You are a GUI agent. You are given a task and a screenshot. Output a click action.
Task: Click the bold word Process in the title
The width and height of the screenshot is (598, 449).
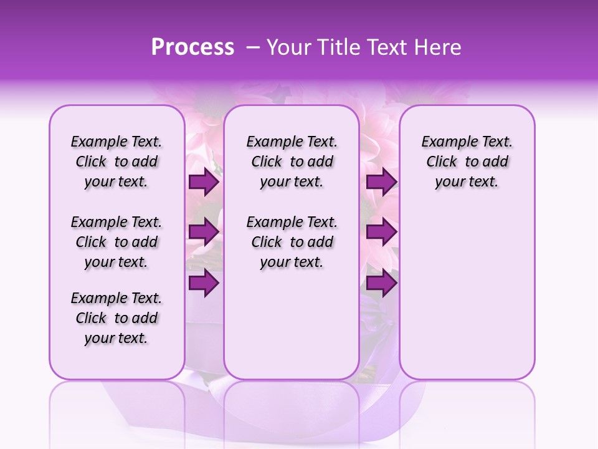click(x=192, y=47)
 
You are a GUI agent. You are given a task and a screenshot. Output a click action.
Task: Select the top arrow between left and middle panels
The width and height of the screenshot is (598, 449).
click(x=203, y=182)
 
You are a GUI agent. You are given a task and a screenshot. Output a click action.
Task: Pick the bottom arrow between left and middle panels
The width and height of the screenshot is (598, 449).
click(x=203, y=282)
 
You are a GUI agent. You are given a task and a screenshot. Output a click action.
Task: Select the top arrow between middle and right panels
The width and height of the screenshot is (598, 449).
click(x=381, y=182)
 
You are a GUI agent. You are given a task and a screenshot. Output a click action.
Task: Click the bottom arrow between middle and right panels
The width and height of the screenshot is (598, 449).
click(x=381, y=282)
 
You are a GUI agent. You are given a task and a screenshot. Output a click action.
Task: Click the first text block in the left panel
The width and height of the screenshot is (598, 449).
click(x=116, y=162)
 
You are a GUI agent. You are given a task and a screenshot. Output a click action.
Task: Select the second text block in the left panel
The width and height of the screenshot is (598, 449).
click(x=116, y=242)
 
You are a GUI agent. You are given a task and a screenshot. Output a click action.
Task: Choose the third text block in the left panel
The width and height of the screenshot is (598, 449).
click(x=116, y=318)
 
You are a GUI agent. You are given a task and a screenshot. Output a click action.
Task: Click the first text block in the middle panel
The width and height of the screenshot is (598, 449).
click(x=292, y=162)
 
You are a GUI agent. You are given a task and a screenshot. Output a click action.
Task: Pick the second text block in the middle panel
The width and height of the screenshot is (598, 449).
click(x=292, y=242)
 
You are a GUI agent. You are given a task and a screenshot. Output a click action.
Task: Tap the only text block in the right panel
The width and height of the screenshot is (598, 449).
click(x=467, y=162)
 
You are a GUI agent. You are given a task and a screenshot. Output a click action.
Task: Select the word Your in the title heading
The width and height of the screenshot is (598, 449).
click(x=286, y=47)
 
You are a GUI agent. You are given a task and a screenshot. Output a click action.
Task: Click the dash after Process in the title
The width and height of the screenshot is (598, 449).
click(x=252, y=47)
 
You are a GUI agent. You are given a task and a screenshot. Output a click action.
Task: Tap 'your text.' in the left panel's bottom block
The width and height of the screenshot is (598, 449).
click(x=116, y=338)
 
